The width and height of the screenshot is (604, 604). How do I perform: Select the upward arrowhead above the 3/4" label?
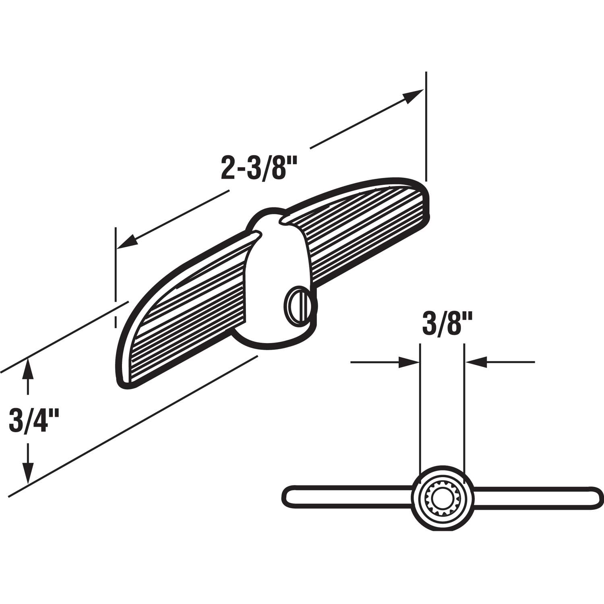click(x=27, y=370)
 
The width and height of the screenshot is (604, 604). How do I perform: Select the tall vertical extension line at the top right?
click(x=426, y=125)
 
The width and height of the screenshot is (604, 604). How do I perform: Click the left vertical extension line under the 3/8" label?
click(x=420, y=407)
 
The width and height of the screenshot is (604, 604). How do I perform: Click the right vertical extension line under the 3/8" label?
click(x=465, y=407)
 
